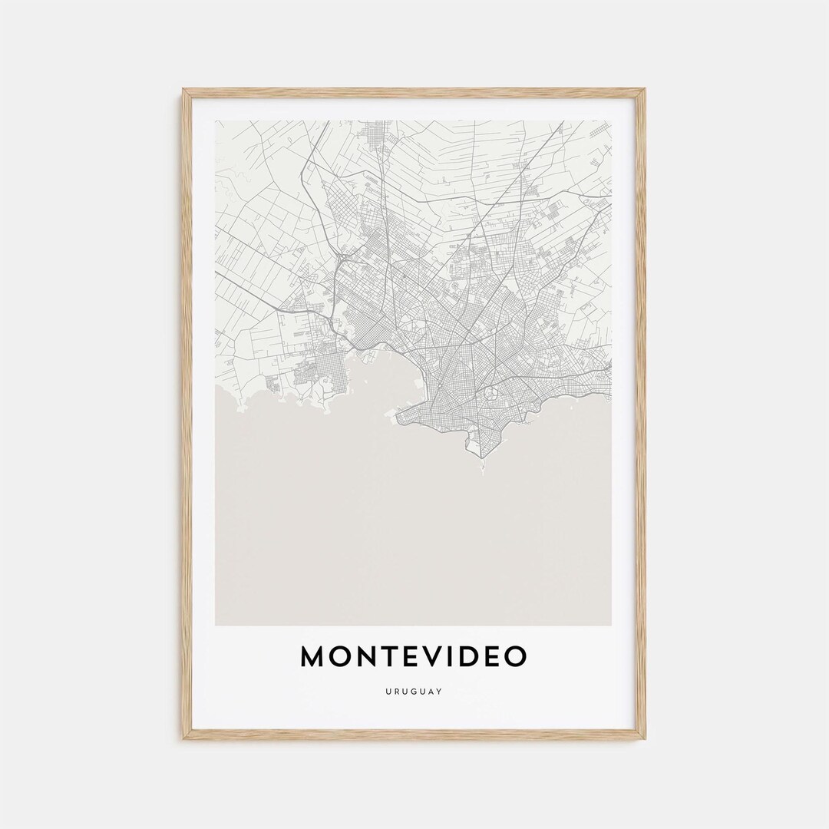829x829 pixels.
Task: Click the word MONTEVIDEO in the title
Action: click(x=414, y=656)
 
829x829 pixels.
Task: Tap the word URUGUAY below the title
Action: click(x=414, y=691)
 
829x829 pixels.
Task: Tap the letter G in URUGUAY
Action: click(x=414, y=691)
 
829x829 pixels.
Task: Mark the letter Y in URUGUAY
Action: click(x=440, y=691)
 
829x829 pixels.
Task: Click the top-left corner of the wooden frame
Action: click(x=184, y=91)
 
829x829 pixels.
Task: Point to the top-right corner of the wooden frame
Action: click(x=644, y=91)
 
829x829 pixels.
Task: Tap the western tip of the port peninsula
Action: click(x=397, y=419)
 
